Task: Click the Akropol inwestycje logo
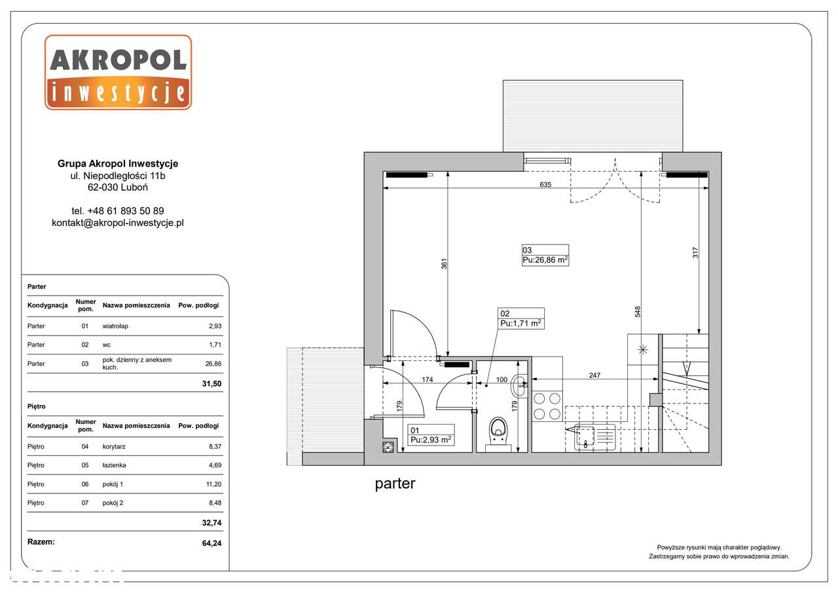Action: [118, 72]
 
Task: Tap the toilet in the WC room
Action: [498, 434]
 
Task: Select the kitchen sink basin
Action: [586, 436]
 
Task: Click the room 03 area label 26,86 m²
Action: [545, 260]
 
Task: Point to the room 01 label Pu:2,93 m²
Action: [431, 440]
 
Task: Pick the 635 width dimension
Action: [545, 184]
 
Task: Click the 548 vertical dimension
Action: [638, 312]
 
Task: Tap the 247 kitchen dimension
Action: [594, 375]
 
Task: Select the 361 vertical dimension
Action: [444, 264]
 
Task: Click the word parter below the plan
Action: [395, 484]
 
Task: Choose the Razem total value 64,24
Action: [211, 543]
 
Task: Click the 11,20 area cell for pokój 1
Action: [213, 484]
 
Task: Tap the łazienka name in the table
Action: [114, 465]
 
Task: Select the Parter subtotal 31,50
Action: [211, 384]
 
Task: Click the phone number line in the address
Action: [118, 211]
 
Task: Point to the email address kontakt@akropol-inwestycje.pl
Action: [118, 223]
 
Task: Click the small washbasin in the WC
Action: [519, 385]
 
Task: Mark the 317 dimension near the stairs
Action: [695, 253]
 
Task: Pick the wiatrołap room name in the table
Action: [115, 326]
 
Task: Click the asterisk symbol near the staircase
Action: [643, 350]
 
